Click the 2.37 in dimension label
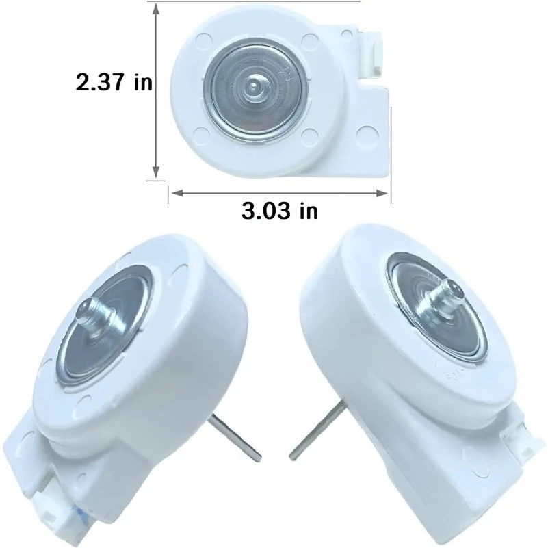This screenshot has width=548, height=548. (114, 83)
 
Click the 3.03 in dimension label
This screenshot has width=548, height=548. (280, 211)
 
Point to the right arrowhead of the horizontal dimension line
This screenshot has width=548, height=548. (382, 193)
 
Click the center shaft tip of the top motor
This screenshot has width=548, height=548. (254, 86)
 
